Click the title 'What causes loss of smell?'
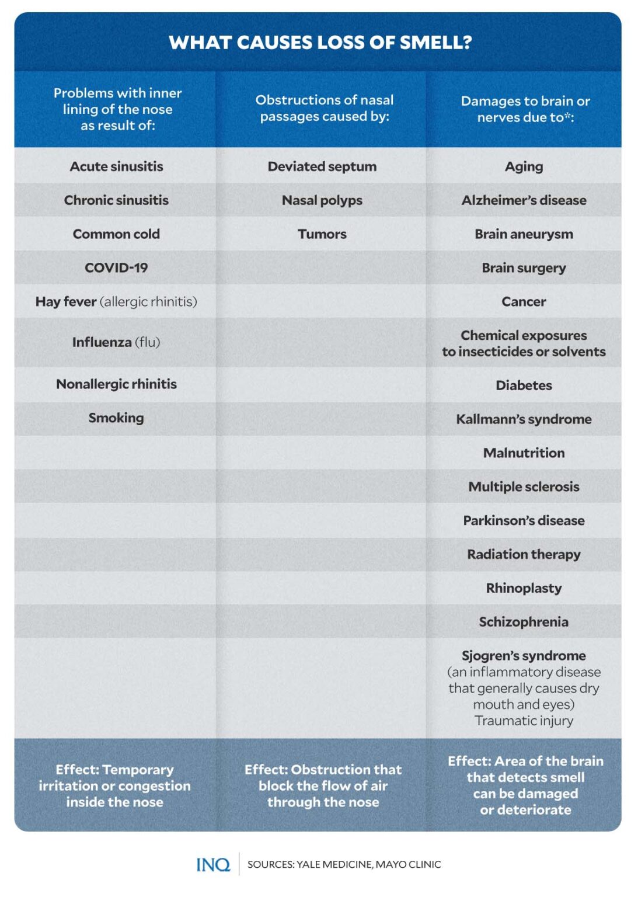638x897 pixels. coord(320,43)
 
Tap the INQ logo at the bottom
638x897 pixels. coord(213,864)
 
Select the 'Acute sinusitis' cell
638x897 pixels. coord(116,166)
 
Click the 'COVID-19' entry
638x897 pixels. coord(116,268)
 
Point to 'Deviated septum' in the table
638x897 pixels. coord(322,166)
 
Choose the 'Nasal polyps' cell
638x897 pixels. coord(322,200)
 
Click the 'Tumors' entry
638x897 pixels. coord(322,234)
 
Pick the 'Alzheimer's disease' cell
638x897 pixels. coord(524,200)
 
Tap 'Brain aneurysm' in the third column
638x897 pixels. coord(524,234)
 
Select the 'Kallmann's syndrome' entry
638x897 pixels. coord(524,419)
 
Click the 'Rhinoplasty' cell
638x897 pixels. coord(524,588)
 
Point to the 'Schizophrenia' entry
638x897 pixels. coord(524,622)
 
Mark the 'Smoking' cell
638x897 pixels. coord(116,418)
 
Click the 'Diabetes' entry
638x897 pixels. coord(524,385)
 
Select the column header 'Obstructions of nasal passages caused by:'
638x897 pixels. coord(324,108)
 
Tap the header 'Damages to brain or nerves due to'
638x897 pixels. coord(525,109)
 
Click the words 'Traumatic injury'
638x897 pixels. coord(524,721)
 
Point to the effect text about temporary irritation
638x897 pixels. coord(114,785)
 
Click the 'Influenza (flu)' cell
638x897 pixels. coord(116,342)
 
